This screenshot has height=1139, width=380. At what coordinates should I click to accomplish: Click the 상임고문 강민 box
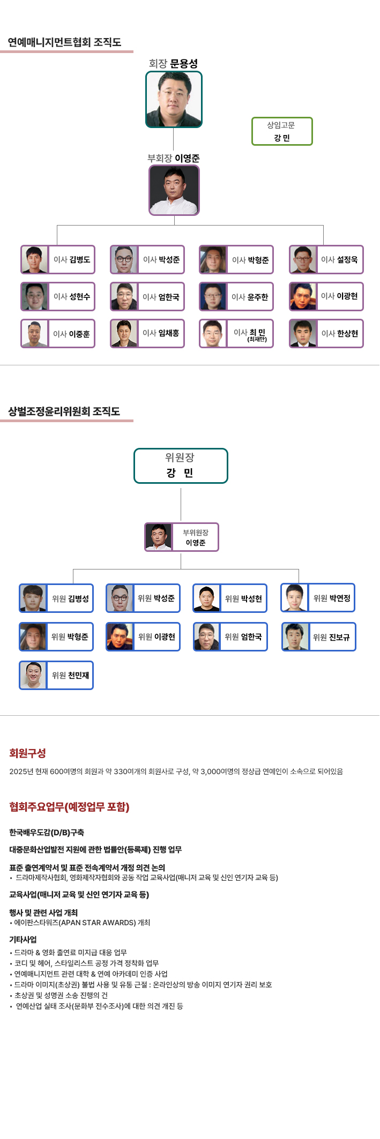[x=282, y=131]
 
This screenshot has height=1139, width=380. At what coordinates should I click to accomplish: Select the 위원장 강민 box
[x=181, y=466]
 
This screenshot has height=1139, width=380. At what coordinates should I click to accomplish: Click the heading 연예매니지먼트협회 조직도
[x=64, y=42]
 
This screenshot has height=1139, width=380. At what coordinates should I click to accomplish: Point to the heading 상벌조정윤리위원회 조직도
[x=64, y=411]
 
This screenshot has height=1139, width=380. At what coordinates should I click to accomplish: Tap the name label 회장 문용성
[x=173, y=64]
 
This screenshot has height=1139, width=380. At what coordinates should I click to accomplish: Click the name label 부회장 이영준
[x=174, y=159]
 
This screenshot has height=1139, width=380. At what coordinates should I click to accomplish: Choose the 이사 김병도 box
[x=58, y=259]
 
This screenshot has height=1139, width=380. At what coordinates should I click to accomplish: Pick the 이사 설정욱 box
[x=326, y=259]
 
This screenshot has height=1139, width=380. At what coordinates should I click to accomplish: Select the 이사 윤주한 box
[x=236, y=297]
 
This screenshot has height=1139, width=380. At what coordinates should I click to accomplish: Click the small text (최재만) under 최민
[x=257, y=339]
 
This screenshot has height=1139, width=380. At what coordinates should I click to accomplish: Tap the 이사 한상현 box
[x=326, y=333]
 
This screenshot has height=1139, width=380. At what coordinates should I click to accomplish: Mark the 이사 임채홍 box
[x=147, y=333]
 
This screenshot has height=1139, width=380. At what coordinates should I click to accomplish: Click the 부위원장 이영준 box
[x=182, y=537]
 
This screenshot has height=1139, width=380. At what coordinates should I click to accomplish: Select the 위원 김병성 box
[x=56, y=598]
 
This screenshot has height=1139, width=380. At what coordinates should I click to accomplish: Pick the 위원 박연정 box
[x=318, y=598]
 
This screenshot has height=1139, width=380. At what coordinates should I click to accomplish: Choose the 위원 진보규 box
[x=318, y=637]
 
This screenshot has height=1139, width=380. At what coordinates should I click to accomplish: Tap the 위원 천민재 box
[x=56, y=675]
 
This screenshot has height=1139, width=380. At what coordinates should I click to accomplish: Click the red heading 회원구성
[x=27, y=753]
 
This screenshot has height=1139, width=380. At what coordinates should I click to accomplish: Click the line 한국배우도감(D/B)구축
[x=47, y=833]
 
